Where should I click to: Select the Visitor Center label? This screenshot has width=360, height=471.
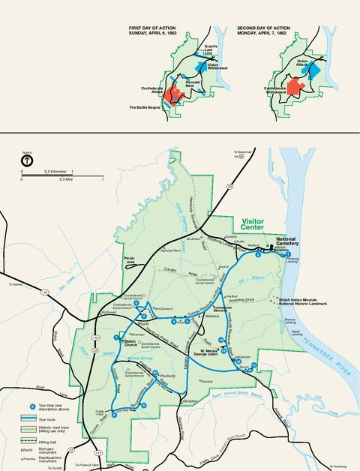259,223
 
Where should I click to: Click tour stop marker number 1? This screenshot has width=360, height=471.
287,256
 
